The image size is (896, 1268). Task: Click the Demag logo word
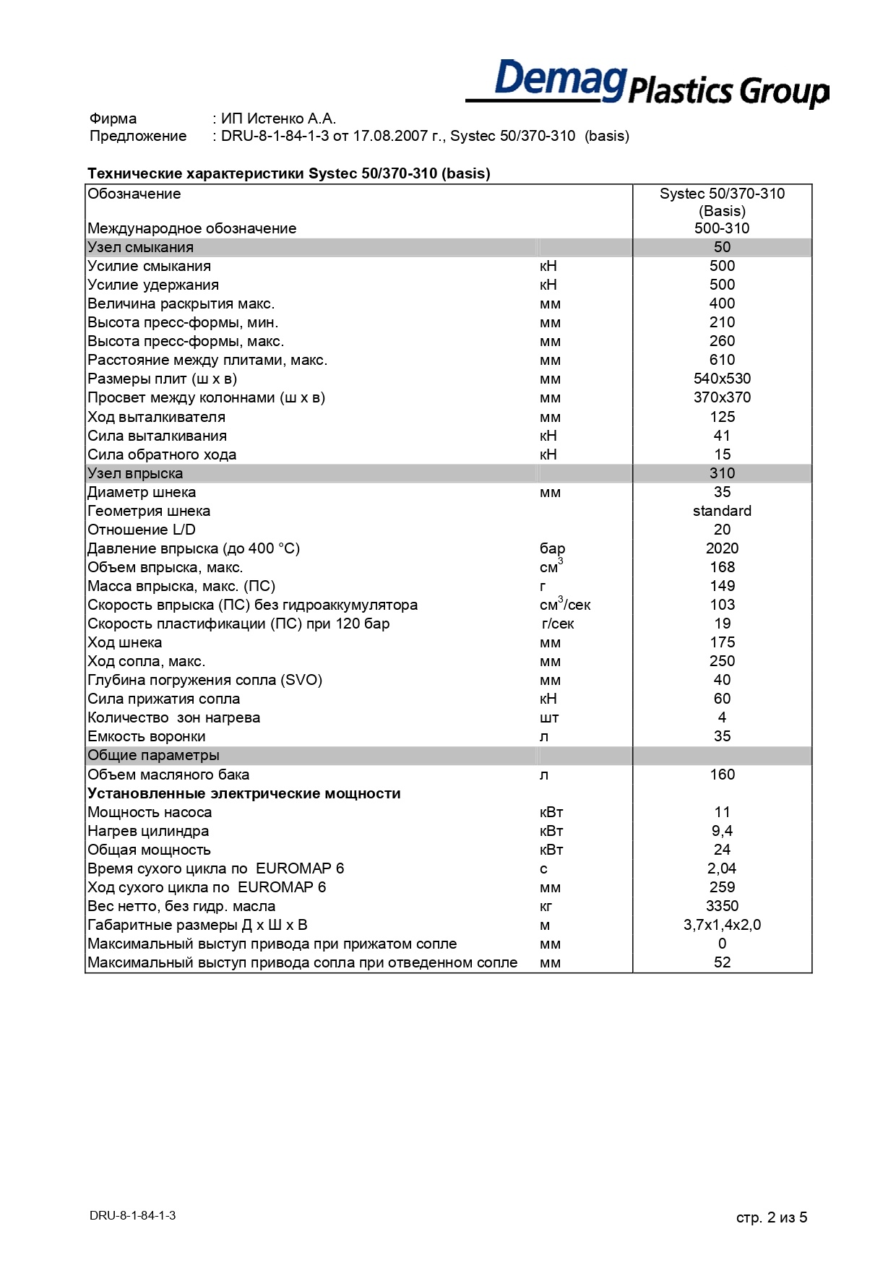coord(560,79)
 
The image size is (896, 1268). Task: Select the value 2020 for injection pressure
coord(722,548)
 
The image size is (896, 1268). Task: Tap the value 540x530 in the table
coord(722,379)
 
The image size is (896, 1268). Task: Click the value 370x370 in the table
coord(722,397)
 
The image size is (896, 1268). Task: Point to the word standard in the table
coord(722,511)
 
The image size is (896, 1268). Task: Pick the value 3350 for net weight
coord(722,906)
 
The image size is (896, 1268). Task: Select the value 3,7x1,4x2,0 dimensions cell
coord(722,925)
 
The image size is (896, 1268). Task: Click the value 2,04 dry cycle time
coord(722,868)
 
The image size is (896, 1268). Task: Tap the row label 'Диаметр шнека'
coord(142,492)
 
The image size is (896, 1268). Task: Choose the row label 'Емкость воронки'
coord(147,736)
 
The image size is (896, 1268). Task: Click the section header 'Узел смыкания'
coord(141,247)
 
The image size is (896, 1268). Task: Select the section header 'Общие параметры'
coord(153,755)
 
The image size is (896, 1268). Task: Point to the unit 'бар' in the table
coord(552,548)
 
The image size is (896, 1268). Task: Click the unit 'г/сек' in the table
coord(558,624)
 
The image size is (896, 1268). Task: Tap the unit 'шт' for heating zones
coord(549,717)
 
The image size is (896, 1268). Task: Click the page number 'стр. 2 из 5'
coord(771,1217)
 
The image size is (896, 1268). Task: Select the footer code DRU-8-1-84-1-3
coord(132,1215)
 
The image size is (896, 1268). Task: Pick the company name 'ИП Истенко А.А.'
coord(278,118)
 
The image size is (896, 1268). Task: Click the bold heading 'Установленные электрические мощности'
coord(244,793)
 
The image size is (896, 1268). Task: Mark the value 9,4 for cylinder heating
coord(722,831)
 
